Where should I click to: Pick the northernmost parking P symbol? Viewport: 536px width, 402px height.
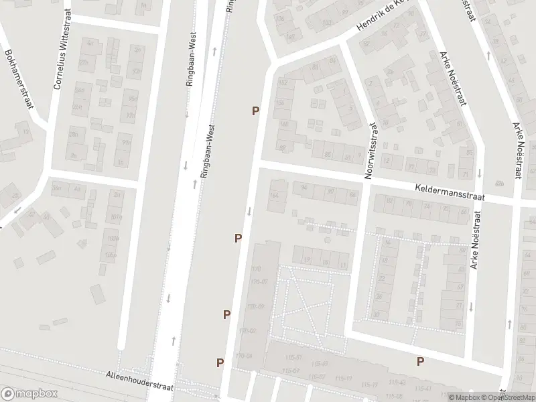(255, 111)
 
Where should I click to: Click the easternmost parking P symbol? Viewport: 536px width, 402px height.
(421, 362)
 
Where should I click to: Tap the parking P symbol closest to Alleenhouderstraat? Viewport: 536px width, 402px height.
(220, 362)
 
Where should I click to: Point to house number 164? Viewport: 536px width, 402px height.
(273, 196)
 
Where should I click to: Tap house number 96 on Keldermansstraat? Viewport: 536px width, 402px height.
(304, 187)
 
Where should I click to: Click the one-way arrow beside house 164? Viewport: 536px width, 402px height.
(249, 211)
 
